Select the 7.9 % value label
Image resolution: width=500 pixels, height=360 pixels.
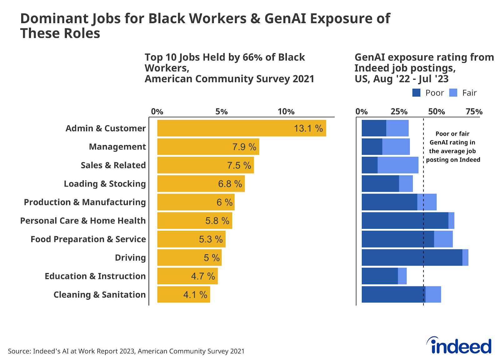[x=244, y=147]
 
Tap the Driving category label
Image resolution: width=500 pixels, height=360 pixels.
[x=130, y=258]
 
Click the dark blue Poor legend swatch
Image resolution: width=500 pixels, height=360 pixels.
[x=416, y=93]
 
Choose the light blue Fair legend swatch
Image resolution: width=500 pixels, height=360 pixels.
[x=453, y=93]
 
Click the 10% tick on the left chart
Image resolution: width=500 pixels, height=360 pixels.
[x=286, y=112]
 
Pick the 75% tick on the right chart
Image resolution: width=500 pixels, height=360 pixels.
[x=474, y=112]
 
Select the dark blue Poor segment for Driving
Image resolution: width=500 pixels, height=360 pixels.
[x=412, y=257]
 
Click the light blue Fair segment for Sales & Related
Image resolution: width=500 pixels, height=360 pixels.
[x=398, y=165]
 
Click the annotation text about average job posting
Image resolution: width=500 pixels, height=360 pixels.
[x=452, y=147]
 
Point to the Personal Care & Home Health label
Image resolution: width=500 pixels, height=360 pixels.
[x=83, y=221]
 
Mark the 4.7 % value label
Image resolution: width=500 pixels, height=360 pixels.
[x=203, y=276]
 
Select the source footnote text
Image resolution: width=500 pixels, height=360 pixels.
[x=126, y=351]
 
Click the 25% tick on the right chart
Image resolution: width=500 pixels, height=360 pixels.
[x=399, y=112]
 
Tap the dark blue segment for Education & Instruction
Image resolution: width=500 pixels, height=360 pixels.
[x=380, y=276]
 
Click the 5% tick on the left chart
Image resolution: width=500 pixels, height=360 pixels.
[x=222, y=112]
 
